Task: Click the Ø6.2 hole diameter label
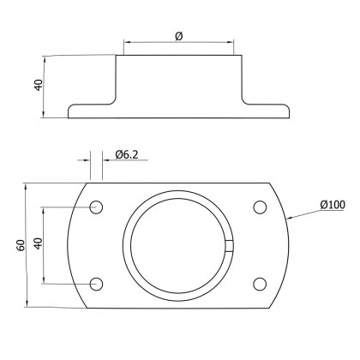pos(127,153)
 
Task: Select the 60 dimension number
pos(20,245)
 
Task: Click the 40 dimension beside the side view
pos(38,87)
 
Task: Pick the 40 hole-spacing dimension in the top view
pos(37,245)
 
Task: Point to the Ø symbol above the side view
pos(178,35)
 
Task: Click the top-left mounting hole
pos(96,207)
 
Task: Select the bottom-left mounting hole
pos(96,284)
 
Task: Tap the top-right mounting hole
pos(260,207)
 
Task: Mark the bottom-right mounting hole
pos(260,284)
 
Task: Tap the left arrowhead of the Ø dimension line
pos(126,41)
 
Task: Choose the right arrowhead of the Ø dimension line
pos(232,41)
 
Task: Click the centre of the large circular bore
pos(178,245)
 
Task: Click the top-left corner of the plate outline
pos(86,183)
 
